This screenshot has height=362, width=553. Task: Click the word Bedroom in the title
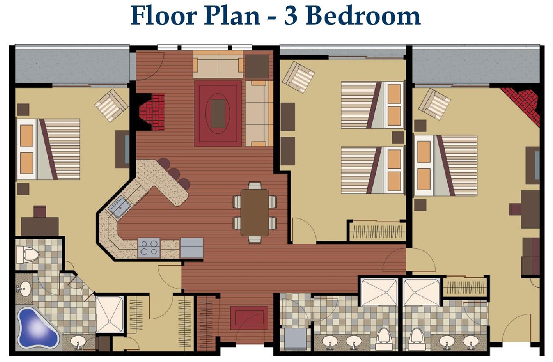[x=364, y=15]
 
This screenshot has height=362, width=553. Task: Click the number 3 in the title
[x=291, y=16]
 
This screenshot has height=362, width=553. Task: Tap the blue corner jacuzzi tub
[x=38, y=327]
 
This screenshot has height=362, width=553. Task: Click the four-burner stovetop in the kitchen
[x=149, y=247]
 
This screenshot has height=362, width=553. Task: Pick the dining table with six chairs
[x=255, y=212]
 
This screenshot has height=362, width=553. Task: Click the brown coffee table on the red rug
[x=218, y=113]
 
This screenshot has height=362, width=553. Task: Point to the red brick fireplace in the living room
[x=152, y=112]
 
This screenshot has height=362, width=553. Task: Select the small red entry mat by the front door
[x=249, y=318]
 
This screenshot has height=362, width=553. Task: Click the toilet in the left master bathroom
[x=28, y=254]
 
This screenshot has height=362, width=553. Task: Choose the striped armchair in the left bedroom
[x=111, y=105]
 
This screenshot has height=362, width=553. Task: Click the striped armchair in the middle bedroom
[x=298, y=77]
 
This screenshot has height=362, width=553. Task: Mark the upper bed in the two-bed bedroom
[x=372, y=105]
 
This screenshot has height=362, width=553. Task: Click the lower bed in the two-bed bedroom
[x=372, y=170]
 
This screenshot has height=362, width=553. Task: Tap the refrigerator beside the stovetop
[x=192, y=248]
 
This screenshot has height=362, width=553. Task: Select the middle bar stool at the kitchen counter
[x=174, y=174]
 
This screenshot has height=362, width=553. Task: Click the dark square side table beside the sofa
[x=257, y=66]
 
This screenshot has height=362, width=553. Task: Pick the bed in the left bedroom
[x=48, y=149]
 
